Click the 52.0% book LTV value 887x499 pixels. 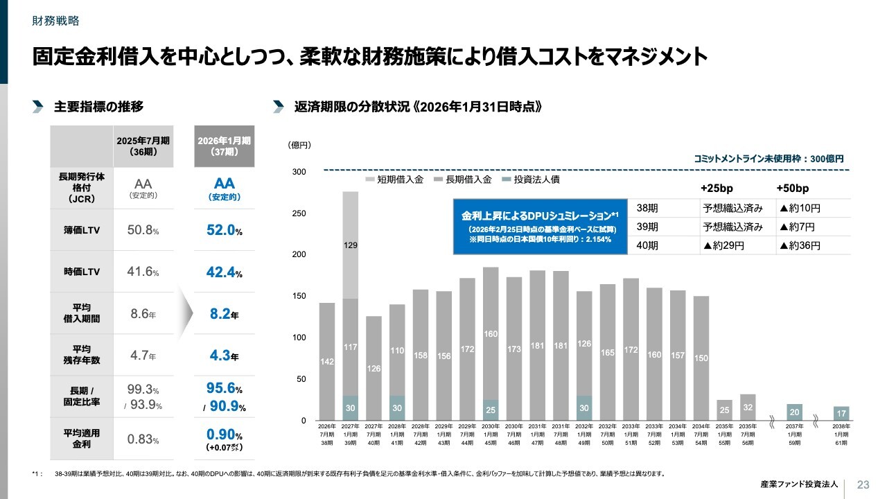click(x=224, y=231)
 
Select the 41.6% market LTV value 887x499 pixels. click(x=143, y=272)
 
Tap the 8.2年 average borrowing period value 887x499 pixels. click(x=224, y=315)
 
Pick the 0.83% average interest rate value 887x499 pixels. click(x=143, y=439)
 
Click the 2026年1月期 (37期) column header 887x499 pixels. click(x=224, y=146)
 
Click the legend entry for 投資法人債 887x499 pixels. click(x=532, y=180)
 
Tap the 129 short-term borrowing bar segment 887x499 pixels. click(x=351, y=245)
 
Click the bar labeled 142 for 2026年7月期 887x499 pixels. click(x=327, y=361)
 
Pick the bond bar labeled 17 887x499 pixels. click(x=841, y=414)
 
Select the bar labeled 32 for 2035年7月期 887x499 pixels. click(x=748, y=408)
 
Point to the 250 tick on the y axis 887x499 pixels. click(x=298, y=213)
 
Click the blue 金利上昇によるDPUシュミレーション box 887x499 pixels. click(x=540, y=227)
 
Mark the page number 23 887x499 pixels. click(x=863, y=484)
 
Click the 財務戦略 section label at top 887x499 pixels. click(x=56, y=21)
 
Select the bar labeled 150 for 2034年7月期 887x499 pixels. click(x=701, y=358)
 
